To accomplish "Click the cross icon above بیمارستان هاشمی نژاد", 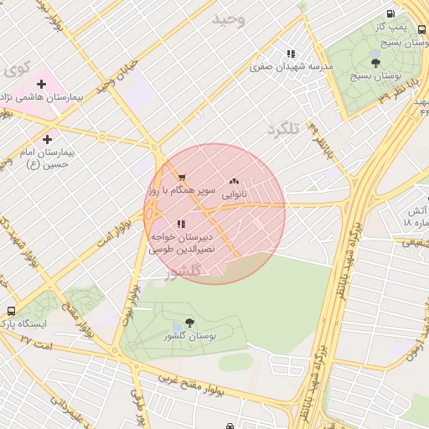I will pyautogui.click(x=41, y=84).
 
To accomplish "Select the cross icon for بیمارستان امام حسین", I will pyautogui.click(x=46, y=139).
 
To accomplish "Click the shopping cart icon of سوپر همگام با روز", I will pyautogui.click(x=181, y=178).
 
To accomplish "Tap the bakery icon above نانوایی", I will pyautogui.click(x=234, y=180).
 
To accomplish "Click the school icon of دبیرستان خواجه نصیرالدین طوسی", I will pyautogui.click(x=181, y=224).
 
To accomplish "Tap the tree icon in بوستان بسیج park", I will pyautogui.click(x=375, y=62).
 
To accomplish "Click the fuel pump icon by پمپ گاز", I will pyautogui.click(x=391, y=14).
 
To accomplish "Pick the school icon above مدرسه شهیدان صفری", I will pyautogui.click(x=292, y=53).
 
